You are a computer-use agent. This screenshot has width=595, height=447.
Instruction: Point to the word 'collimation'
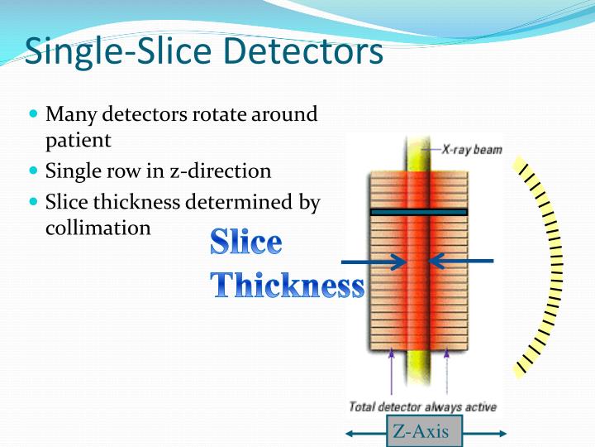point(98,228)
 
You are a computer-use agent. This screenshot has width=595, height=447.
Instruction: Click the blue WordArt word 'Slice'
point(245,243)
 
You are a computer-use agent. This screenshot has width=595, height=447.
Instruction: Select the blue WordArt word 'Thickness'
point(287,285)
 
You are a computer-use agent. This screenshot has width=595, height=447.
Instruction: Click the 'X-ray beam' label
point(471,150)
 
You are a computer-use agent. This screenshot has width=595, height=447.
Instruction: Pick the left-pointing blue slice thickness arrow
point(459,262)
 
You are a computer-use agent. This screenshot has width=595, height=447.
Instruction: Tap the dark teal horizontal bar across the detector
point(418,212)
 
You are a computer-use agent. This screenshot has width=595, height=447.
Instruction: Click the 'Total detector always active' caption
point(422,406)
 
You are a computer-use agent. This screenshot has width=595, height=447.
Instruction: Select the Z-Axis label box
point(425,431)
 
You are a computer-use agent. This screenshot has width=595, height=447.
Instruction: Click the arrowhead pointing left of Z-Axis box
point(351,433)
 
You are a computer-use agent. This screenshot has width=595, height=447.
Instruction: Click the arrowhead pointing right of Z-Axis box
point(501,433)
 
